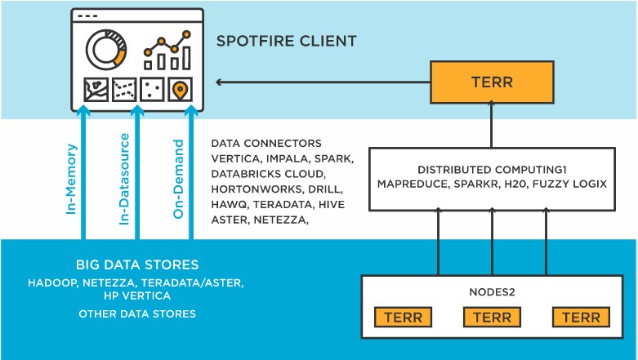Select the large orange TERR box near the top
492,83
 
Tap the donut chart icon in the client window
106,49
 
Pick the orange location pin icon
180,89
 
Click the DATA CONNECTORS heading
266,143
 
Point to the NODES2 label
491,291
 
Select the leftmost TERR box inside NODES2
404,318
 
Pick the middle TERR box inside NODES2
492,318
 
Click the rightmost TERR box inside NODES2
580,318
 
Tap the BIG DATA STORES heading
137,265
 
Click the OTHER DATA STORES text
137,313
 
